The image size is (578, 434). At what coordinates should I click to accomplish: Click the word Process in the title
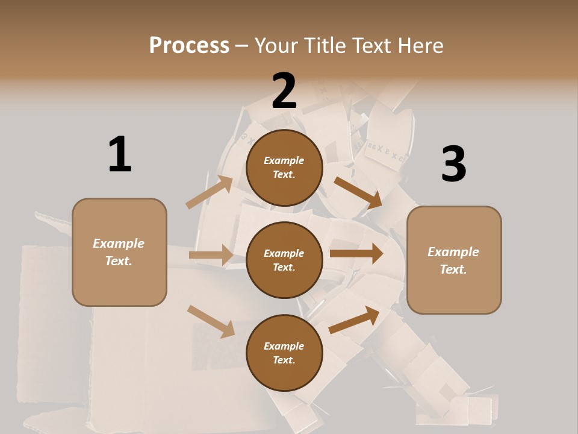tap(189, 45)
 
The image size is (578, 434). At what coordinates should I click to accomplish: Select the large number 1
tap(120, 155)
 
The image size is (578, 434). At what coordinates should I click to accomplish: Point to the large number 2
tap(284, 92)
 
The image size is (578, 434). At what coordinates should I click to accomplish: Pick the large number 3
tap(453, 165)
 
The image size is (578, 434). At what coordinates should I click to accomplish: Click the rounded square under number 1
tap(119, 252)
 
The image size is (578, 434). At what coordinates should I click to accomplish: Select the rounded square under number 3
tap(454, 260)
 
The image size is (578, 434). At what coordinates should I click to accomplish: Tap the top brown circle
tap(284, 168)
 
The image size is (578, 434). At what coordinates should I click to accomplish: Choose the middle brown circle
tap(284, 260)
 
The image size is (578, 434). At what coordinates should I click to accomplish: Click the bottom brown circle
tap(284, 353)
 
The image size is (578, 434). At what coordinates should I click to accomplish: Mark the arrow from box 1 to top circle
tap(210, 192)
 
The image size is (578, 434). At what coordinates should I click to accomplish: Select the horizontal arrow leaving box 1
tap(210, 255)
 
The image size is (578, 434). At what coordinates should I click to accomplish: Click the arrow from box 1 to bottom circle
tap(211, 321)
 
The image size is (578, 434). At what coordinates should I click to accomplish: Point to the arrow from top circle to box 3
tap(358, 192)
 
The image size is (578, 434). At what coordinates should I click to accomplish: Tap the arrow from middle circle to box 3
tap(356, 253)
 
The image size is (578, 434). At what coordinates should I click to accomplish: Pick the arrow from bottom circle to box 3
tap(354, 319)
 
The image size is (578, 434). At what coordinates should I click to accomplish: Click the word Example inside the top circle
tap(284, 160)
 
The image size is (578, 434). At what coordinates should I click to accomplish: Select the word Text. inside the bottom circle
tap(284, 360)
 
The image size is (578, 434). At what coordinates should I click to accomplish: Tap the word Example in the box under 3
tap(453, 252)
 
